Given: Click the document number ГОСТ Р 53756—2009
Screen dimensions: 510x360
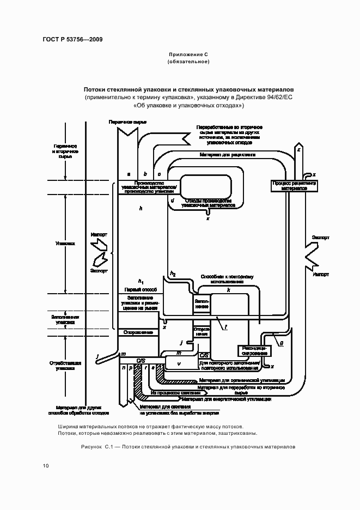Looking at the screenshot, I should tap(72, 39).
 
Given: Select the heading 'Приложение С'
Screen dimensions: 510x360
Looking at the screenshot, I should tap(188, 54).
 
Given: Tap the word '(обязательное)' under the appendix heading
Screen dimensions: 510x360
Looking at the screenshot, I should tap(188, 62).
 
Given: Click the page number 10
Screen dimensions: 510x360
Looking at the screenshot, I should tap(45, 466).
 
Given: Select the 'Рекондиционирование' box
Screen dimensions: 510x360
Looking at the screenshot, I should tap(252, 350).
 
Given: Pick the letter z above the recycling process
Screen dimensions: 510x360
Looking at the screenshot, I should tap(298, 148).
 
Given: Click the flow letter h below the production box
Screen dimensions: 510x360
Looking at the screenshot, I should tap(141, 209).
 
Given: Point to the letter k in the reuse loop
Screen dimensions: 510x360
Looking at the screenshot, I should tap(229, 291).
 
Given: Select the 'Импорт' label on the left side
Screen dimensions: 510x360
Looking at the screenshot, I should tap(99, 234).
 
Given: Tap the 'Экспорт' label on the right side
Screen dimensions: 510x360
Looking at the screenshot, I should tap(320, 238).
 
